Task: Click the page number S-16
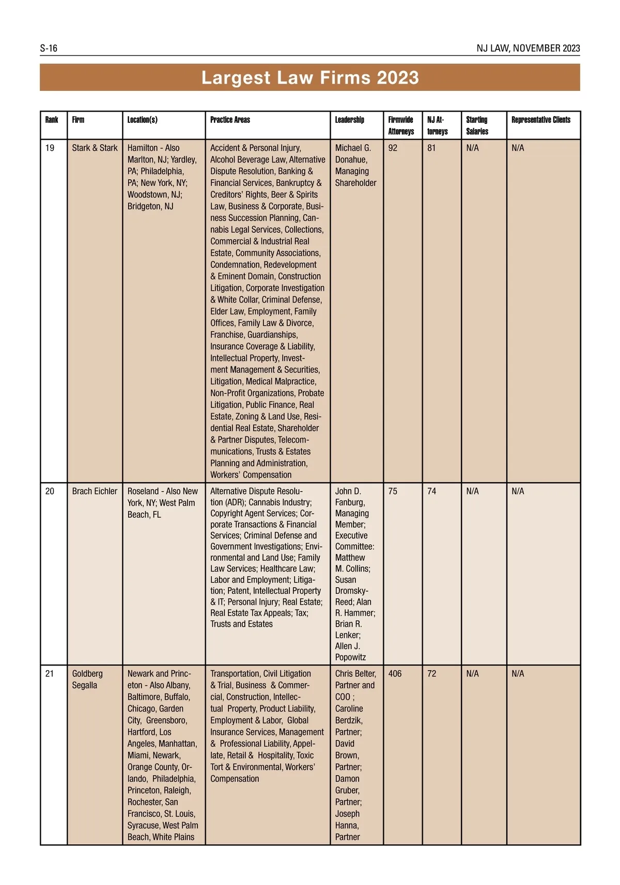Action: (x=49, y=49)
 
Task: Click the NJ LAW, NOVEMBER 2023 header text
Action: (x=528, y=49)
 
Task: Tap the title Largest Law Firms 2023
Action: (x=310, y=77)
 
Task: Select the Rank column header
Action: (x=52, y=120)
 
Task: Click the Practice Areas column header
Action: (x=230, y=120)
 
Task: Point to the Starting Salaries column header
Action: (x=477, y=125)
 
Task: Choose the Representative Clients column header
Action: (x=541, y=120)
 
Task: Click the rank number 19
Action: (x=50, y=148)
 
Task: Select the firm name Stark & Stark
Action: (x=95, y=148)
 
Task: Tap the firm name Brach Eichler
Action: (x=95, y=491)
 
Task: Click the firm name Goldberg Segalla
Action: (x=87, y=679)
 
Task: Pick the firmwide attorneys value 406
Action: (x=395, y=674)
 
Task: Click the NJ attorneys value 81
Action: (x=431, y=148)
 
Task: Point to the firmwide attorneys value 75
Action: (x=393, y=491)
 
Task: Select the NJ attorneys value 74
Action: (x=431, y=491)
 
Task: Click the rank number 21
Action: (x=50, y=674)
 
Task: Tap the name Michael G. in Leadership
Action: (x=353, y=148)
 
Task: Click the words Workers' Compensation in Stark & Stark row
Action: (x=251, y=475)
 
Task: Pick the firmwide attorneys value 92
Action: (x=393, y=148)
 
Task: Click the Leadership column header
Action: (x=349, y=120)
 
